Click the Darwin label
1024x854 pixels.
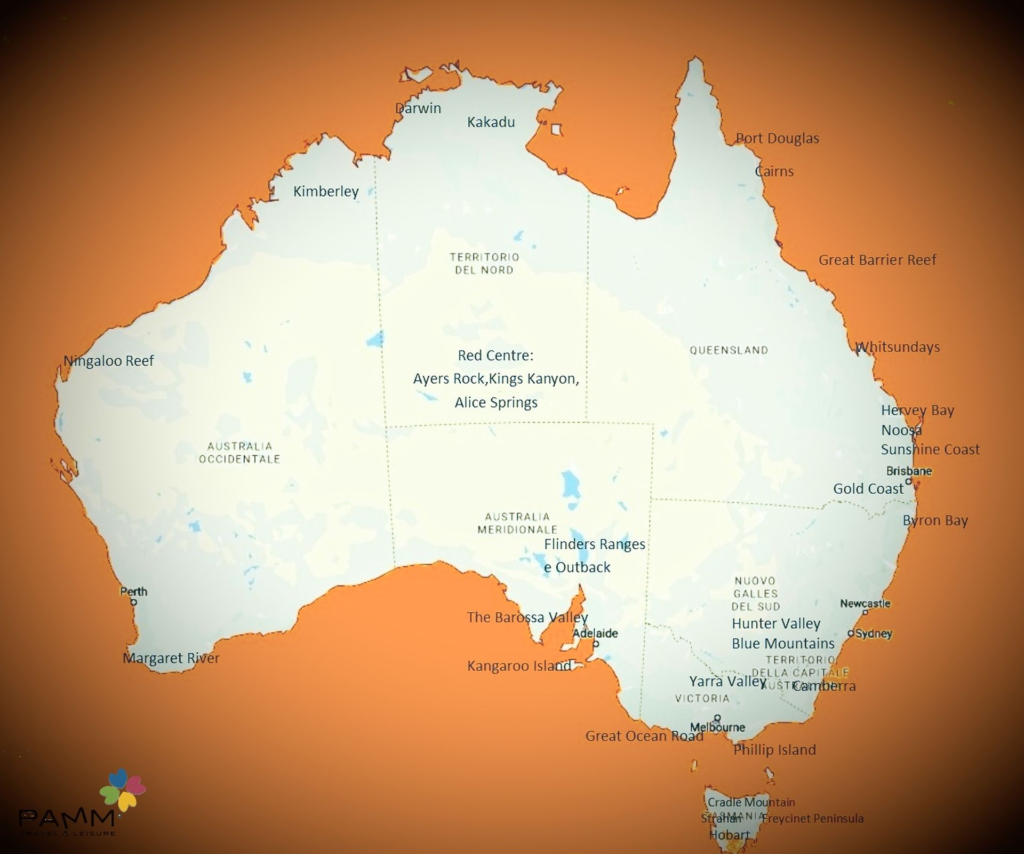(x=418, y=108)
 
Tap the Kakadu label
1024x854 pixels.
(x=491, y=122)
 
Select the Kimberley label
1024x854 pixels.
(x=326, y=191)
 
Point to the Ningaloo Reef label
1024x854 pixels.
(x=109, y=361)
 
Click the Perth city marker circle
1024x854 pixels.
(x=134, y=602)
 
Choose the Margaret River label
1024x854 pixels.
(x=171, y=658)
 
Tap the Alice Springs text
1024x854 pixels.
(x=496, y=402)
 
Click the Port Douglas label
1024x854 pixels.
(x=777, y=138)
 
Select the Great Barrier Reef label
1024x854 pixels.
(x=877, y=260)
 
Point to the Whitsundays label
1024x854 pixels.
(x=898, y=347)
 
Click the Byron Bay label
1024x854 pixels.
(x=935, y=520)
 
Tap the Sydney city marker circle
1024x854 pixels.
(x=851, y=634)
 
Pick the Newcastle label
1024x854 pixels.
(x=865, y=604)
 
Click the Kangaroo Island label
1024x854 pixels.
(x=519, y=666)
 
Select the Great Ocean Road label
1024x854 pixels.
(x=644, y=736)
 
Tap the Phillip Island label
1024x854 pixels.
(x=774, y=750)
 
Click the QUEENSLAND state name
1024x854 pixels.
(x=729, y=350)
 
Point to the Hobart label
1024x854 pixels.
(x=729, y=835)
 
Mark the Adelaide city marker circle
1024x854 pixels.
(x=596, y=644)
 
